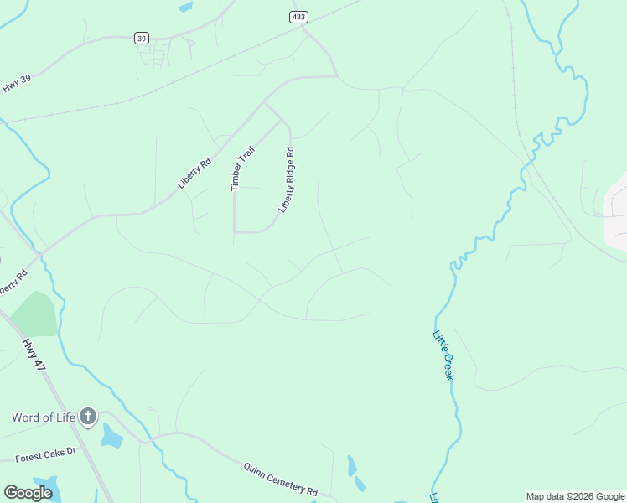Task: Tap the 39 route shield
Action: [x=141, y=38]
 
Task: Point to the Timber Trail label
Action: [x=243, y=169]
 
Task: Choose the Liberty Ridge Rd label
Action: [x=288, y=179]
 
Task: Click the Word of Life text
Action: [x=43, y=417]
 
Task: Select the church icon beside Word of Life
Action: [x=88, y=417]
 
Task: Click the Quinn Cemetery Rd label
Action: [x=281, y=479]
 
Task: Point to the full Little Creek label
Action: [x=443, y=355]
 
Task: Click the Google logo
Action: [x=28, y=493]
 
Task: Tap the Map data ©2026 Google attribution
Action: [x=575, y=496]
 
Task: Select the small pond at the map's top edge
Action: [x=185, y=7]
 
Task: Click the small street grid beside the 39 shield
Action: [x=153, y=56]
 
